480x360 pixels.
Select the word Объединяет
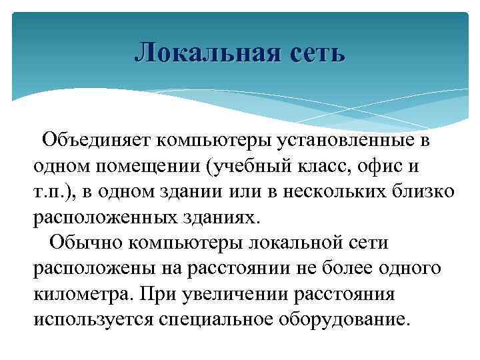tap(97, 141)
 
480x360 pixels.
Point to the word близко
tap(425, 191)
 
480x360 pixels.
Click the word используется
tap(93, 318)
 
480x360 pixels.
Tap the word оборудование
tap(355, 318)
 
